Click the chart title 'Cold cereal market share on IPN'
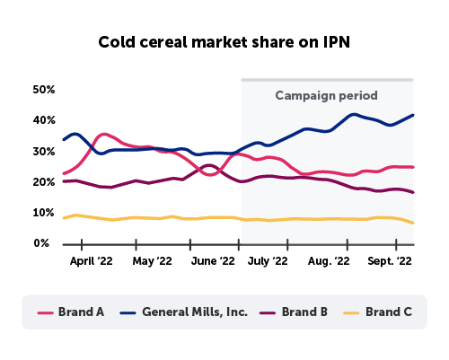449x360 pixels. coord(224,42)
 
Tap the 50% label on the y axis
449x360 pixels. coord(45,90)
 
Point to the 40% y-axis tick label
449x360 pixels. coord(45,120)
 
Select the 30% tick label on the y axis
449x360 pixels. coord(45,152)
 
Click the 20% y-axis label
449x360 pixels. coord(45,182)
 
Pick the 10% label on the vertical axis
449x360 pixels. coord(45,213)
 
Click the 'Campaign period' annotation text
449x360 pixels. coord(326,95)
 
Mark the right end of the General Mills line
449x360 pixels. coord(413,115)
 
